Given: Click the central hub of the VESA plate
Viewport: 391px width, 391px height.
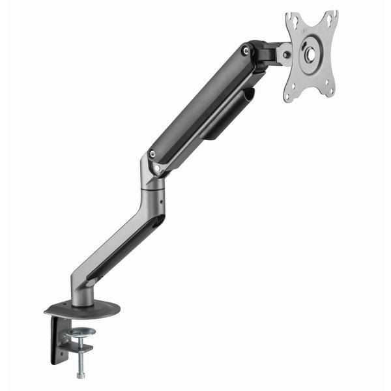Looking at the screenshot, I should click(x=308, y=56).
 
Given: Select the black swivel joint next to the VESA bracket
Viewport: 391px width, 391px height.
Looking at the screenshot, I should click(x=267, y=55).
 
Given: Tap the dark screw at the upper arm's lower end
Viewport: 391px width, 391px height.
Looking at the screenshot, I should click(x=152, y=154).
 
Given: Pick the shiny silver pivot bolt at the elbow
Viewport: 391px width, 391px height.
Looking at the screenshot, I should click(x=157, y=169).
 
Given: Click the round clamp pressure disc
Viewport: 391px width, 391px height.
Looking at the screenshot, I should click(x=80, y=334).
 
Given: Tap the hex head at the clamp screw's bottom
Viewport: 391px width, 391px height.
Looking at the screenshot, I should click(x=80, y=375).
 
